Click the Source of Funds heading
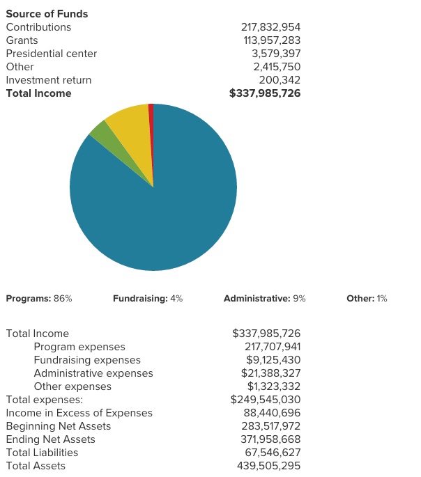(x=47, y=14)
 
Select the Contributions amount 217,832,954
(x=270, y=27)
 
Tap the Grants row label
(x=22, y=40)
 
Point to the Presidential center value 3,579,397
(x=276, y=54)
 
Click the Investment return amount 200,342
(x=280, y=80)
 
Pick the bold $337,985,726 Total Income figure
(x=265, y=93)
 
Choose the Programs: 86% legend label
(x=39, y=299)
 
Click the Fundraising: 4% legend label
(x=148, y=299)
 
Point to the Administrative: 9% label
(x=265, y=299)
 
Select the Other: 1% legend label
(x=367, y=299)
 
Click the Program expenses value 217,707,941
(x=273, y=347)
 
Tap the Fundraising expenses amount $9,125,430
(x=273, y=360)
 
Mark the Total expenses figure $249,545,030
(x=266, y=400)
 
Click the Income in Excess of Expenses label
(x=79, y=413)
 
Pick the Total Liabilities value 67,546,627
(x=273, y=453)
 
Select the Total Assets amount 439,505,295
(x=268, y=466)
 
